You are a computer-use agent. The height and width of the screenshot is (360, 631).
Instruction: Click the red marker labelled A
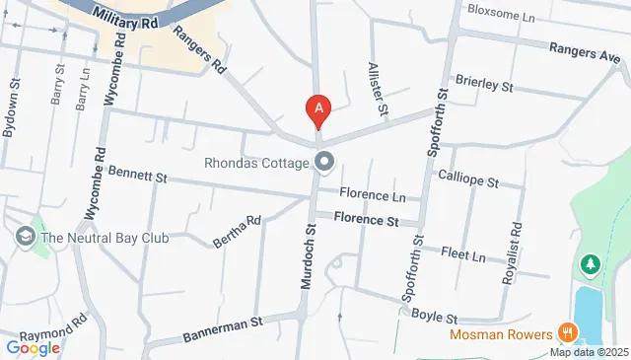click(317, 109)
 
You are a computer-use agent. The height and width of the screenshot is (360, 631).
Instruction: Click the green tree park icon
click(591, 264)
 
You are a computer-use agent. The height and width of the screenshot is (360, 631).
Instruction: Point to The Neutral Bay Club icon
click(24, 237)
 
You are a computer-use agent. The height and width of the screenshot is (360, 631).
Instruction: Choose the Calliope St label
click(467, 182)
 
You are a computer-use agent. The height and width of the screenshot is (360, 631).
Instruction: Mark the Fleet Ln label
click(464, 255)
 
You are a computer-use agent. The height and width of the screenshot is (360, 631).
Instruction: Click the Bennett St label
click(137, 176)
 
